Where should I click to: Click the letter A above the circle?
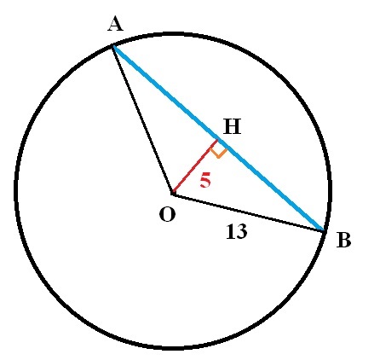point(116,24)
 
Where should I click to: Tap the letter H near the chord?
point(232,127)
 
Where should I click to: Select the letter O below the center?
point(167,214)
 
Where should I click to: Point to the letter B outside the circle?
point(343,240)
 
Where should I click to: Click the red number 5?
point(205,181)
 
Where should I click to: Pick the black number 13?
point(237,231)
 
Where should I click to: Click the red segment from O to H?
point(195,166)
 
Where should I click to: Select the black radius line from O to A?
point(142,120)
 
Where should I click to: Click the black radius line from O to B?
point(248,212)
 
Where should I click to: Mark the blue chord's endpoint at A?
point(113,46)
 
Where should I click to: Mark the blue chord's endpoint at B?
point(323,230)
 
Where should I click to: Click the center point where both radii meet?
point(173,195)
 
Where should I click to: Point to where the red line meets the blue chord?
point(218,139)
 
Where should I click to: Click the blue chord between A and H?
point(165,93)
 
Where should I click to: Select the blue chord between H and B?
point(270,185)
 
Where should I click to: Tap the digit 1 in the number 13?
point(231,231)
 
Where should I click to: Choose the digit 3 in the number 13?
point(242,231)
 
